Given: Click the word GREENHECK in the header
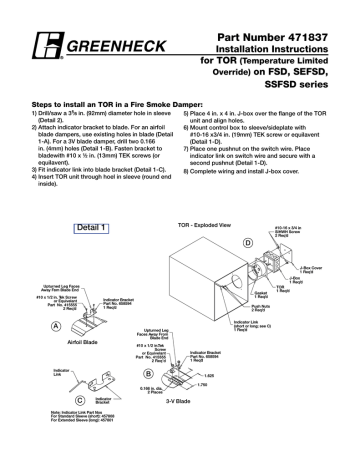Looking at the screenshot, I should coord(104,48).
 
